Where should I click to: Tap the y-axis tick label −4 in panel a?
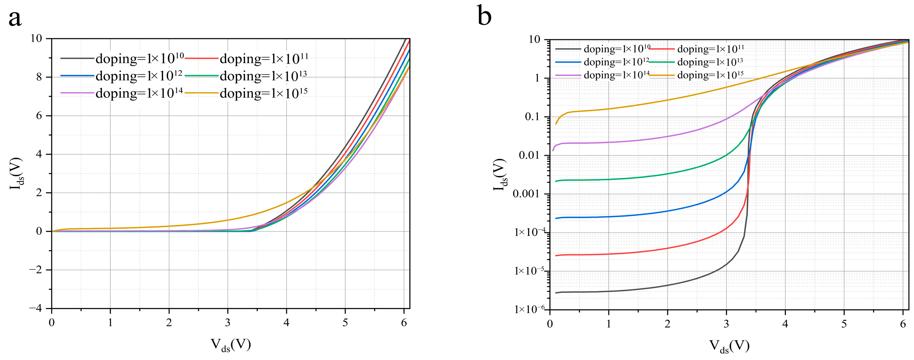click(x=36, y=309)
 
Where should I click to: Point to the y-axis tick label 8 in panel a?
click(x=39, y=77)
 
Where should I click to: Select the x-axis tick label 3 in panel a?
click(x=228, y=323)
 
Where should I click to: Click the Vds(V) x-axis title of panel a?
click(x=230, y=345)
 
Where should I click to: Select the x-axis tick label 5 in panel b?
click(x=844, y=324)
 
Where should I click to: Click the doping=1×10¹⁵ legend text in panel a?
click(x=264, y=93)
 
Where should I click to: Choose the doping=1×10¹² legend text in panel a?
click(x=139, y=75)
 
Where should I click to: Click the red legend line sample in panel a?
click(x=202, y=58)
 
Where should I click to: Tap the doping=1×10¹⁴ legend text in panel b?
click(x=617, y=75)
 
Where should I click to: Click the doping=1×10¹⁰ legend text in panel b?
click(x=617, y=49)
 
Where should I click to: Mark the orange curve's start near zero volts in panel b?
click(x=556, y=123)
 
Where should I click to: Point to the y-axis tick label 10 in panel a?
click(x=36, y=38)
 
